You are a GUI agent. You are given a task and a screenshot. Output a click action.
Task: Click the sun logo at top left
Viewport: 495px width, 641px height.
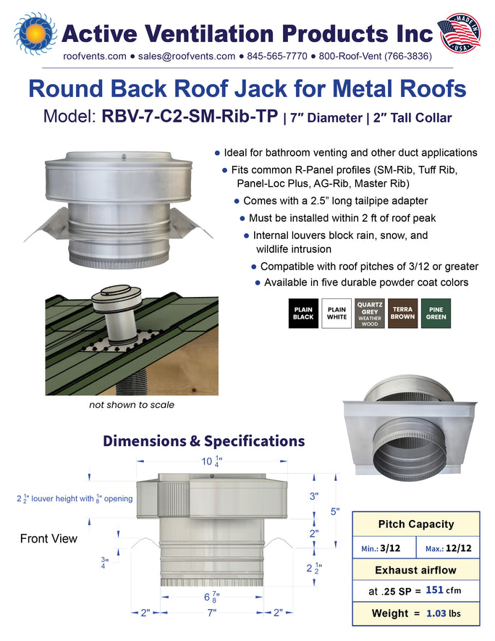coord(35,34)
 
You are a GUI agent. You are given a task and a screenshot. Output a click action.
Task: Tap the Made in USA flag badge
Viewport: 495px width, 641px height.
coord(459,33)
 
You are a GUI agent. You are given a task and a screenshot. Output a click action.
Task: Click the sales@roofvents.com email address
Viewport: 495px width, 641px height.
coord(187,56)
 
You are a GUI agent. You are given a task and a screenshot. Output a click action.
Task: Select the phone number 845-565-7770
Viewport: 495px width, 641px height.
coord(277,56)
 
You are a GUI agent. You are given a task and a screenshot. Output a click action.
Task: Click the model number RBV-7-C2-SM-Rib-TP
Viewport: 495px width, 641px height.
coord(190,117)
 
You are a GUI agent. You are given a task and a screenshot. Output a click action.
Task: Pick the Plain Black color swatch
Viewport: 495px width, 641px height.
coord(303,313)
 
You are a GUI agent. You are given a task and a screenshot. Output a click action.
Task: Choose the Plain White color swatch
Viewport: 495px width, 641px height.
coord(337,313)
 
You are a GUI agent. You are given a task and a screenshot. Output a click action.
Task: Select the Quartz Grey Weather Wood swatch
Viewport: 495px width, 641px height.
coord(370,313)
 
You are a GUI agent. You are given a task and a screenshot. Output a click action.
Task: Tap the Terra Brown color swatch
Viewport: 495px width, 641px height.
coord(402,313)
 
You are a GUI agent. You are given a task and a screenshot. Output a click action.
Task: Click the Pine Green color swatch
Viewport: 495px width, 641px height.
coord(436,313)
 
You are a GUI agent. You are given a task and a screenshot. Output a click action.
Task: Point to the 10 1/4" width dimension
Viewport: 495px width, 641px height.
coord(212,461)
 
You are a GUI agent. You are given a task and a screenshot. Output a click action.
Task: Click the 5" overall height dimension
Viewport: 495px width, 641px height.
coord(335,511)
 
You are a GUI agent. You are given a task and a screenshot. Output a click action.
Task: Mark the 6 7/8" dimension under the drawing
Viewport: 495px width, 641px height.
coord(212,598)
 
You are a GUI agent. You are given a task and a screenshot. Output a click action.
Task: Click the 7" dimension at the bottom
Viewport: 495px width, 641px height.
coord(212,613)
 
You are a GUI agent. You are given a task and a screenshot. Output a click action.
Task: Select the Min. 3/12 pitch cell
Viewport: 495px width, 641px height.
coord(384,548)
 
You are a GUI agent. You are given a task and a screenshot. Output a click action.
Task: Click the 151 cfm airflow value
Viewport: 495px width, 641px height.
coord(443,590)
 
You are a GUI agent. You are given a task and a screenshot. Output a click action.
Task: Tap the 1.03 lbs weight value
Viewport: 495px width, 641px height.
coord(443,613)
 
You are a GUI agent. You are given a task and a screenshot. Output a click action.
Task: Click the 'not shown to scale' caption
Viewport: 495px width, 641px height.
coord(132,405)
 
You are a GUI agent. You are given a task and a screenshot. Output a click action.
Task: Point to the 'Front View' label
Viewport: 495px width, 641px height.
coord(48,538)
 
